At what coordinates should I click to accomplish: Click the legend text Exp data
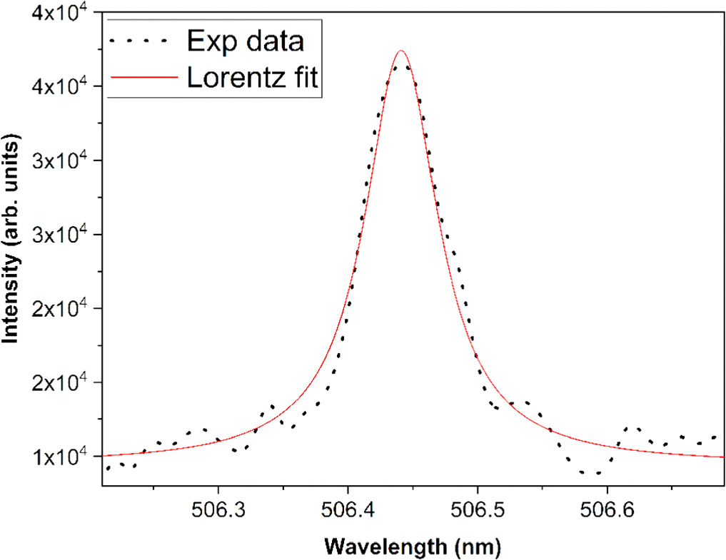point(245,41)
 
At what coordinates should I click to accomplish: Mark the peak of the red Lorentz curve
point(401,51)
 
